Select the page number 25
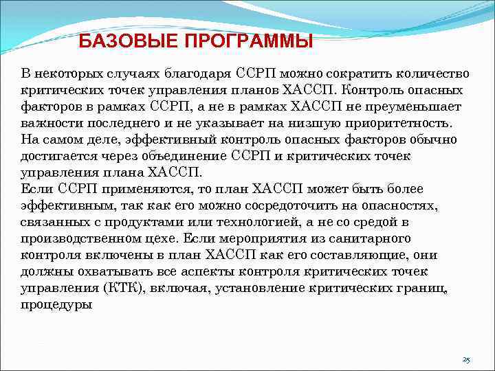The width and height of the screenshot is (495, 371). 466,359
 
